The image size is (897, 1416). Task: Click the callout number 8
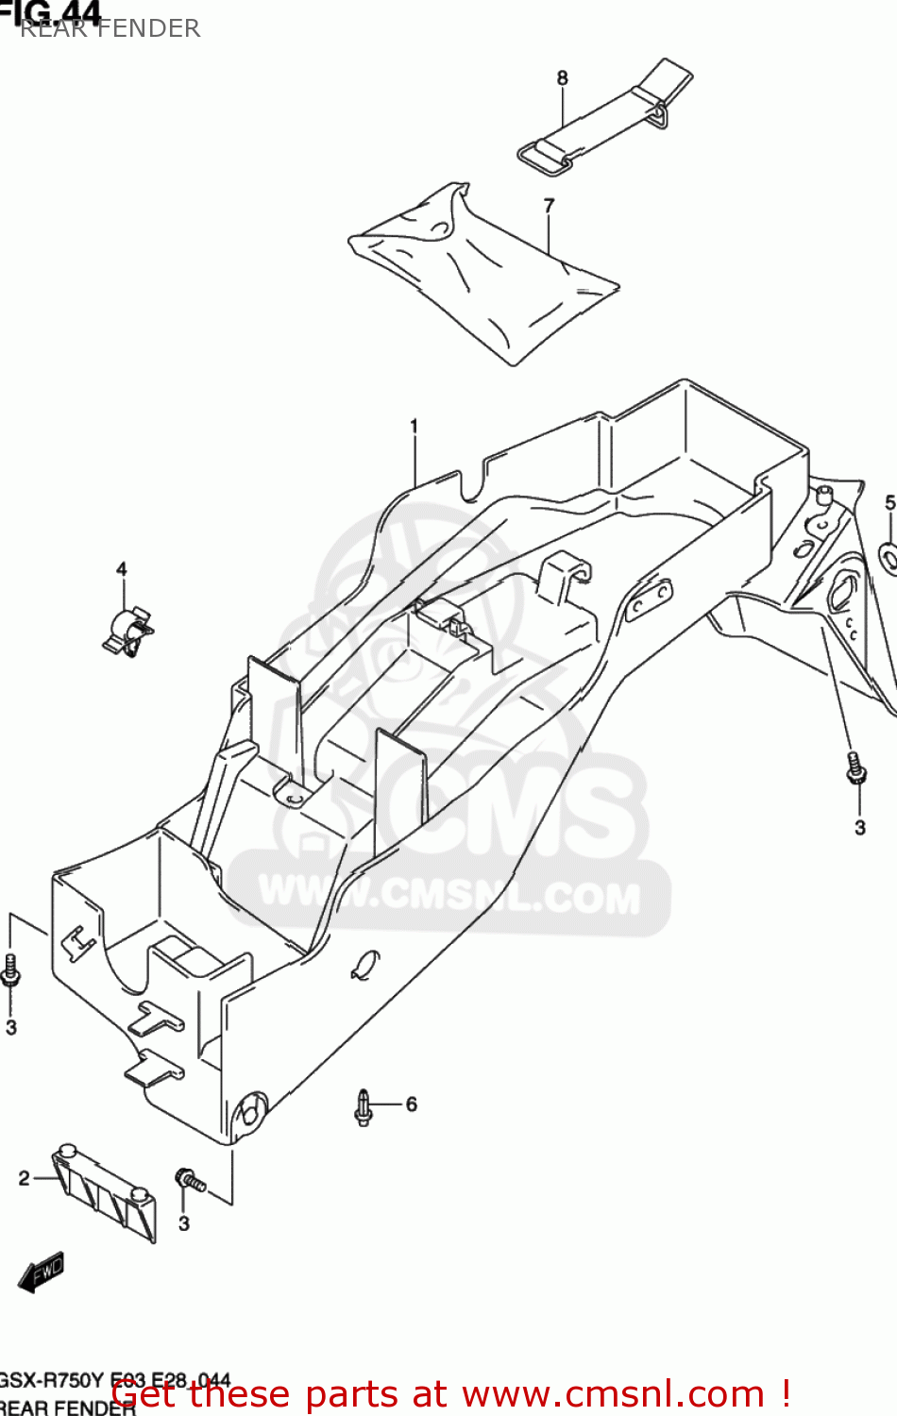click(x=563, y=77)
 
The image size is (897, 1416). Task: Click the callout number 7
click(x=549, y=205)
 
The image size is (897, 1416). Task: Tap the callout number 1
click(x=414, y=427)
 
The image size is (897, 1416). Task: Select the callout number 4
click(x=121, y=569)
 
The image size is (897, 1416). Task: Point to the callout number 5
click(x=889, y=502)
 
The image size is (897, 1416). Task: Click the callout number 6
click(x=411, y=1104)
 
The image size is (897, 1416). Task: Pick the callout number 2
click(x=25, y=1178)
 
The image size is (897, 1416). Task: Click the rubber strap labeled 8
click(x=604, y=118)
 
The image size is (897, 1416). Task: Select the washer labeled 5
click(x=889, y=556)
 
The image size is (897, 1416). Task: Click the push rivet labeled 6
click(x=364, y=1107)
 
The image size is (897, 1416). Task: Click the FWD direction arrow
click(x=42, y=1273)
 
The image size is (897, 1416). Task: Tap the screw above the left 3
click(x=10, y=970)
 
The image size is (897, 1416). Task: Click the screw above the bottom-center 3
click(x=189, y=1179)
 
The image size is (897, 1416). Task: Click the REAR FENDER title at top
click(x=110, y=28)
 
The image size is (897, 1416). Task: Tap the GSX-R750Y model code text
click(x=52, y=1380)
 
